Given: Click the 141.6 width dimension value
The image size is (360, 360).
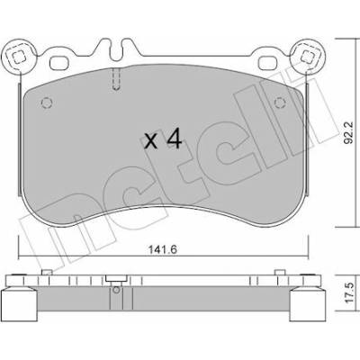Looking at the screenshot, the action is (x=164, y=249).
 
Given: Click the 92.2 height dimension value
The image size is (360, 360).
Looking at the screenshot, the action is (x=349, y=132).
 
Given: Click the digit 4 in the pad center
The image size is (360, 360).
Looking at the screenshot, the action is (x=174, y=139).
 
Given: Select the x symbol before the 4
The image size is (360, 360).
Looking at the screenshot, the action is (x=150, y=141).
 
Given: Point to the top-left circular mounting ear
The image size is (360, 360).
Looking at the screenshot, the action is (x=19, y=57).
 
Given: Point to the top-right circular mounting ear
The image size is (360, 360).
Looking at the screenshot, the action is (x=307, y=56).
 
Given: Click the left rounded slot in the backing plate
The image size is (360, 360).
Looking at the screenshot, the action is (x=59, y=63).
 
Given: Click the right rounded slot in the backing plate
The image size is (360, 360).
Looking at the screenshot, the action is (x=267, y=63).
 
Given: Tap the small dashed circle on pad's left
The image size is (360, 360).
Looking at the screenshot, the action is (x=47, y=103).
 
